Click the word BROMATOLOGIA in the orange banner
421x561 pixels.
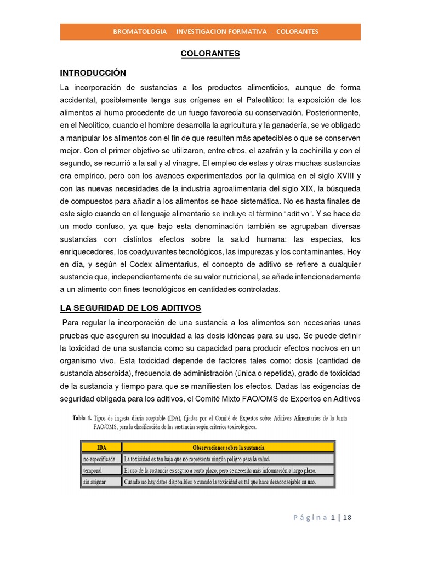[140, 32]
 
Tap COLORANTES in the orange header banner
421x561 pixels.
[297, 32]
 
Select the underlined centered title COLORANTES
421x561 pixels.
[210, 54]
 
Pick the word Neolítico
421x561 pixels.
[92, 125]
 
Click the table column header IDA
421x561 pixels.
[101, 447]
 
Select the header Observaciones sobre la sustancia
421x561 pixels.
[227, 447]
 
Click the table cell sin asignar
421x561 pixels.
[94, 482]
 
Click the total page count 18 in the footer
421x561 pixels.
[347, 517]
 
